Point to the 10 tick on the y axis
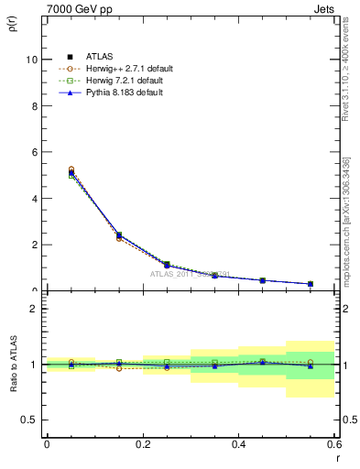[32, 60]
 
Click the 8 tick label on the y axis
[35, 106]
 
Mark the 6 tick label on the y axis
[35, 152]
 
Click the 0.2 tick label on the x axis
[142, 445]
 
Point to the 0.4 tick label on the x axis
[238, 445]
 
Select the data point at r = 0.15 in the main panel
[118, 235]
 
